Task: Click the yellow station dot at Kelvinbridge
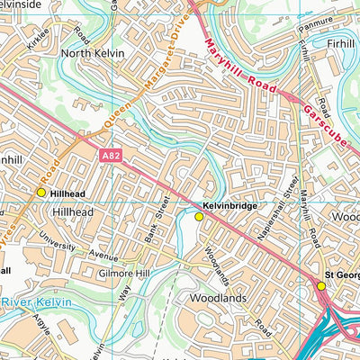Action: click(x=199, y=216)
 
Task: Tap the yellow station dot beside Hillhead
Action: click(x=40, y=193)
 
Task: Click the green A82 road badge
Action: click(x=107, y=156)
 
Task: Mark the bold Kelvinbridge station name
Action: click(x=230, y=206)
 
